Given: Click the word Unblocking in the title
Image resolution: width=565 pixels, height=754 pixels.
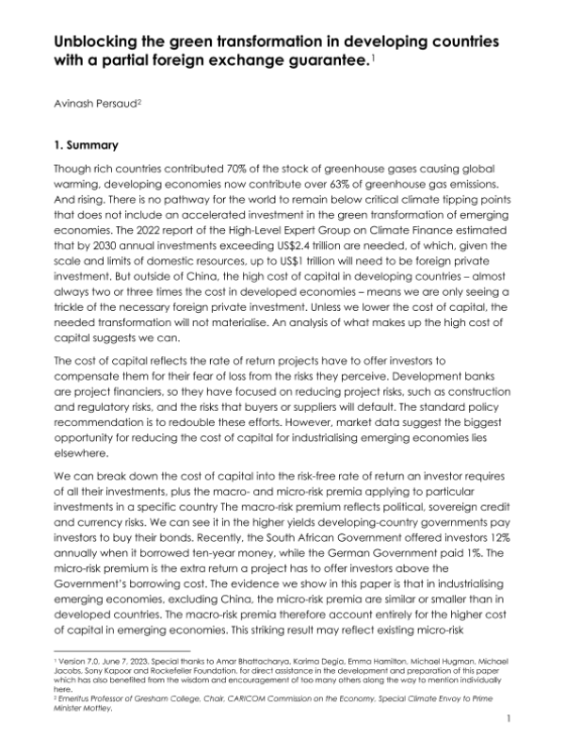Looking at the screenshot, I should (x=94, y=43).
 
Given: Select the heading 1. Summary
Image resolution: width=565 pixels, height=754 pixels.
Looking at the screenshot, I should (x=84, y=146).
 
